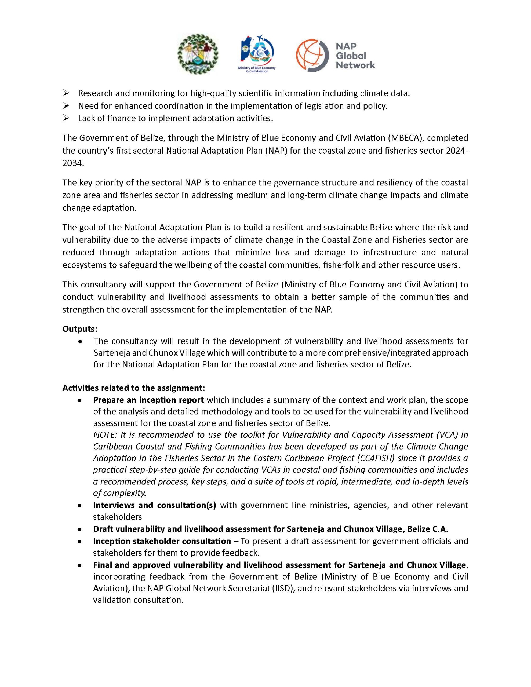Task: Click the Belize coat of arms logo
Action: [x=198, y=54]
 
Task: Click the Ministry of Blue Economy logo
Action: [x=257, y=53]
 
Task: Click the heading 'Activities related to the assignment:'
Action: [x=134, y=388]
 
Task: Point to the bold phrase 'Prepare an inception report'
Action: [x=148, y=400]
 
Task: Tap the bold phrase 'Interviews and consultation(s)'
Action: [x=155, y=505]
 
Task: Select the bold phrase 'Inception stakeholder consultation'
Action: [x=162, y=541]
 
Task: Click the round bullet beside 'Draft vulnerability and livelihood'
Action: [x=81, y=529]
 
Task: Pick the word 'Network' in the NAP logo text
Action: [x=355, y=65]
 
